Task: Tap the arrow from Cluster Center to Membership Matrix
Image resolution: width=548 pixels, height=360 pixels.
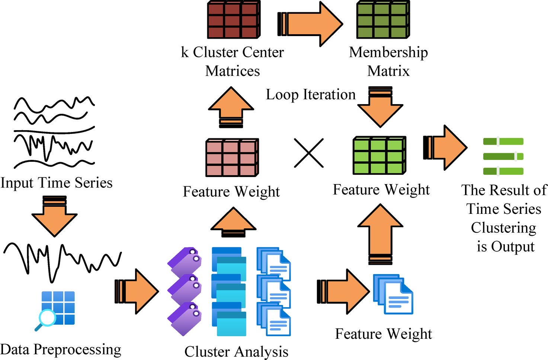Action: coord(311,24)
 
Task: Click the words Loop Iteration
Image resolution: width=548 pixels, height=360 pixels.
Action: coord(311,95)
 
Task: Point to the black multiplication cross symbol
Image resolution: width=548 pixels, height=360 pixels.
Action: coord(308,153)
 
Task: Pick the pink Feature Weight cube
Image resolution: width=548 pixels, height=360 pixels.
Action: coord(232,158)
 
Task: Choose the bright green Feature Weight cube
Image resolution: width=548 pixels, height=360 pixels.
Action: coord(379,155)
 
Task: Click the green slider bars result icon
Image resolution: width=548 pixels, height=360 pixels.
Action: coord(503,156)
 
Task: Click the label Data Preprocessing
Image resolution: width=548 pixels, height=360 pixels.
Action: coord(61,350)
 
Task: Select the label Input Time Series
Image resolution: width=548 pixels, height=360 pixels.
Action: coord(57,183)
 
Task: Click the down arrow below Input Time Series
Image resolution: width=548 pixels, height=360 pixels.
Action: coord(54,217)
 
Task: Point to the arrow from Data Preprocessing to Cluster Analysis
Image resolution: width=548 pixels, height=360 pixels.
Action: coord(137,291)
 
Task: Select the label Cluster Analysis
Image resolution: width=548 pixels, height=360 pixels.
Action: coord(236,351)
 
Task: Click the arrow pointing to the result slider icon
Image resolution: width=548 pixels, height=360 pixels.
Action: coord(445,148)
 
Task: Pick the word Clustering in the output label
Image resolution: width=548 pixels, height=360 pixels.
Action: coord(503,228)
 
